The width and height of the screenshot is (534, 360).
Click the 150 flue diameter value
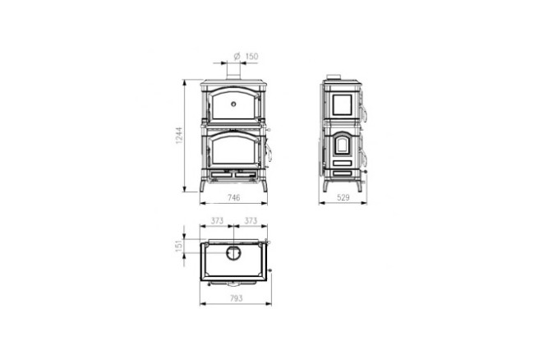(252, 56)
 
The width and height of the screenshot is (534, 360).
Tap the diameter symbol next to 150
(237, 56)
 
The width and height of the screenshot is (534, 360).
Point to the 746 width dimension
(234, 199)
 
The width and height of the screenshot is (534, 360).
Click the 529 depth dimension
(343, 199)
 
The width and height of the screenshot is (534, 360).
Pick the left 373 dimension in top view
(217, 220)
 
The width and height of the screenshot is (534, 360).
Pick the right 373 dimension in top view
(251, 220)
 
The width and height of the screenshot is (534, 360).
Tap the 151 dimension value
(178, 247)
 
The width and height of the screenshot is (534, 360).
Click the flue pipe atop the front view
(234, 74)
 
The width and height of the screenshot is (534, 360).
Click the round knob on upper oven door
(234, 104)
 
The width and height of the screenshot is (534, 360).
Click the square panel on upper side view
(341, 104)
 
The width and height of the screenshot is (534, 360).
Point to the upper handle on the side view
(365, 110)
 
